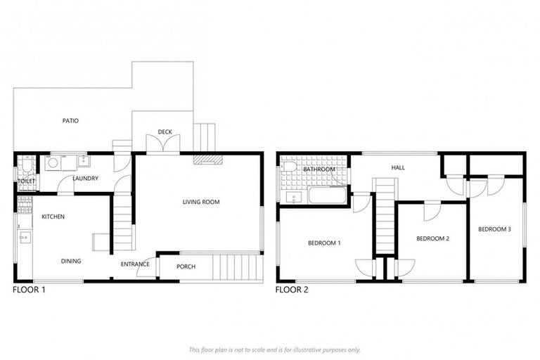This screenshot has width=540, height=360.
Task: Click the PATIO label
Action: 70,120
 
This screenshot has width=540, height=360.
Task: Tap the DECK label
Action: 165,131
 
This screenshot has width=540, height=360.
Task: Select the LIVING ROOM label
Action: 201,202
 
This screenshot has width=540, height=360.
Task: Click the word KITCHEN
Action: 53,217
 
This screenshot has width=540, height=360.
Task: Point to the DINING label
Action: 70,261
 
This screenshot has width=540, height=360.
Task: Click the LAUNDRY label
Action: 84,178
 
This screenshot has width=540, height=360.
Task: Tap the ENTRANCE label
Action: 134,264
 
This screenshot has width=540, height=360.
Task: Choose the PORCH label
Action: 186,266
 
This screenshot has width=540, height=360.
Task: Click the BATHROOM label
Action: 319,169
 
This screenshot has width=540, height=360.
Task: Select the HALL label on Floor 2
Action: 398,167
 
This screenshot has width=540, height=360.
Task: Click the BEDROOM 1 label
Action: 324,243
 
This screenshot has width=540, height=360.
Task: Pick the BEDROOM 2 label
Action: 432,239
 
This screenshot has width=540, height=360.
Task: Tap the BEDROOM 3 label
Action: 495,229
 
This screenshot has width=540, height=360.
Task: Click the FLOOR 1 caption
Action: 30,289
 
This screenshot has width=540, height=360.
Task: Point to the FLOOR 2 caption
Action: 292,289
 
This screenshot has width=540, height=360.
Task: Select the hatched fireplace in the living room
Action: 207,160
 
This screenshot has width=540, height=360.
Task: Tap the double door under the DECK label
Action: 162,145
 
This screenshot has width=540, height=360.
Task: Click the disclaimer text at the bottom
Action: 274,349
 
